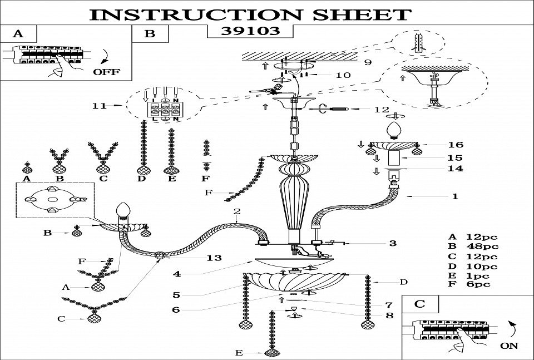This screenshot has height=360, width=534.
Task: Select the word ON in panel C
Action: click(x=509, y=346)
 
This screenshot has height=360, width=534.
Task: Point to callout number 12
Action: click(x=382, y=109)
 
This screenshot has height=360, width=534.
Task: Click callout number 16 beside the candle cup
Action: click(x=455, y=145)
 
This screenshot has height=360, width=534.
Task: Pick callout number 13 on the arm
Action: click(x=214, y=258)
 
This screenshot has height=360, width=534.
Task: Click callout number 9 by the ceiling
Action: click(x=367, y=62)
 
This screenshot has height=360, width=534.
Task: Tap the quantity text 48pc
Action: click(x=483, y=246)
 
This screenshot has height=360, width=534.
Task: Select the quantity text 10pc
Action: click(x=483, y=267)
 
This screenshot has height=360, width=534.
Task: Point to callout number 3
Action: click(x=393, y=243)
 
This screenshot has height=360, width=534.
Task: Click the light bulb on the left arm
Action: click(x=123, y=211)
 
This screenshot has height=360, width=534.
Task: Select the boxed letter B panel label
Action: click(x=150, y=33)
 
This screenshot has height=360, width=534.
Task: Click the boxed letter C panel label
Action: click(x=420, y=304)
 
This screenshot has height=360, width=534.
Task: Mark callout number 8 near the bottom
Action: click(x=389, y=315)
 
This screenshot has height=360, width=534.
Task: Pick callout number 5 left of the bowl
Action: click(x=176, y=295)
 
